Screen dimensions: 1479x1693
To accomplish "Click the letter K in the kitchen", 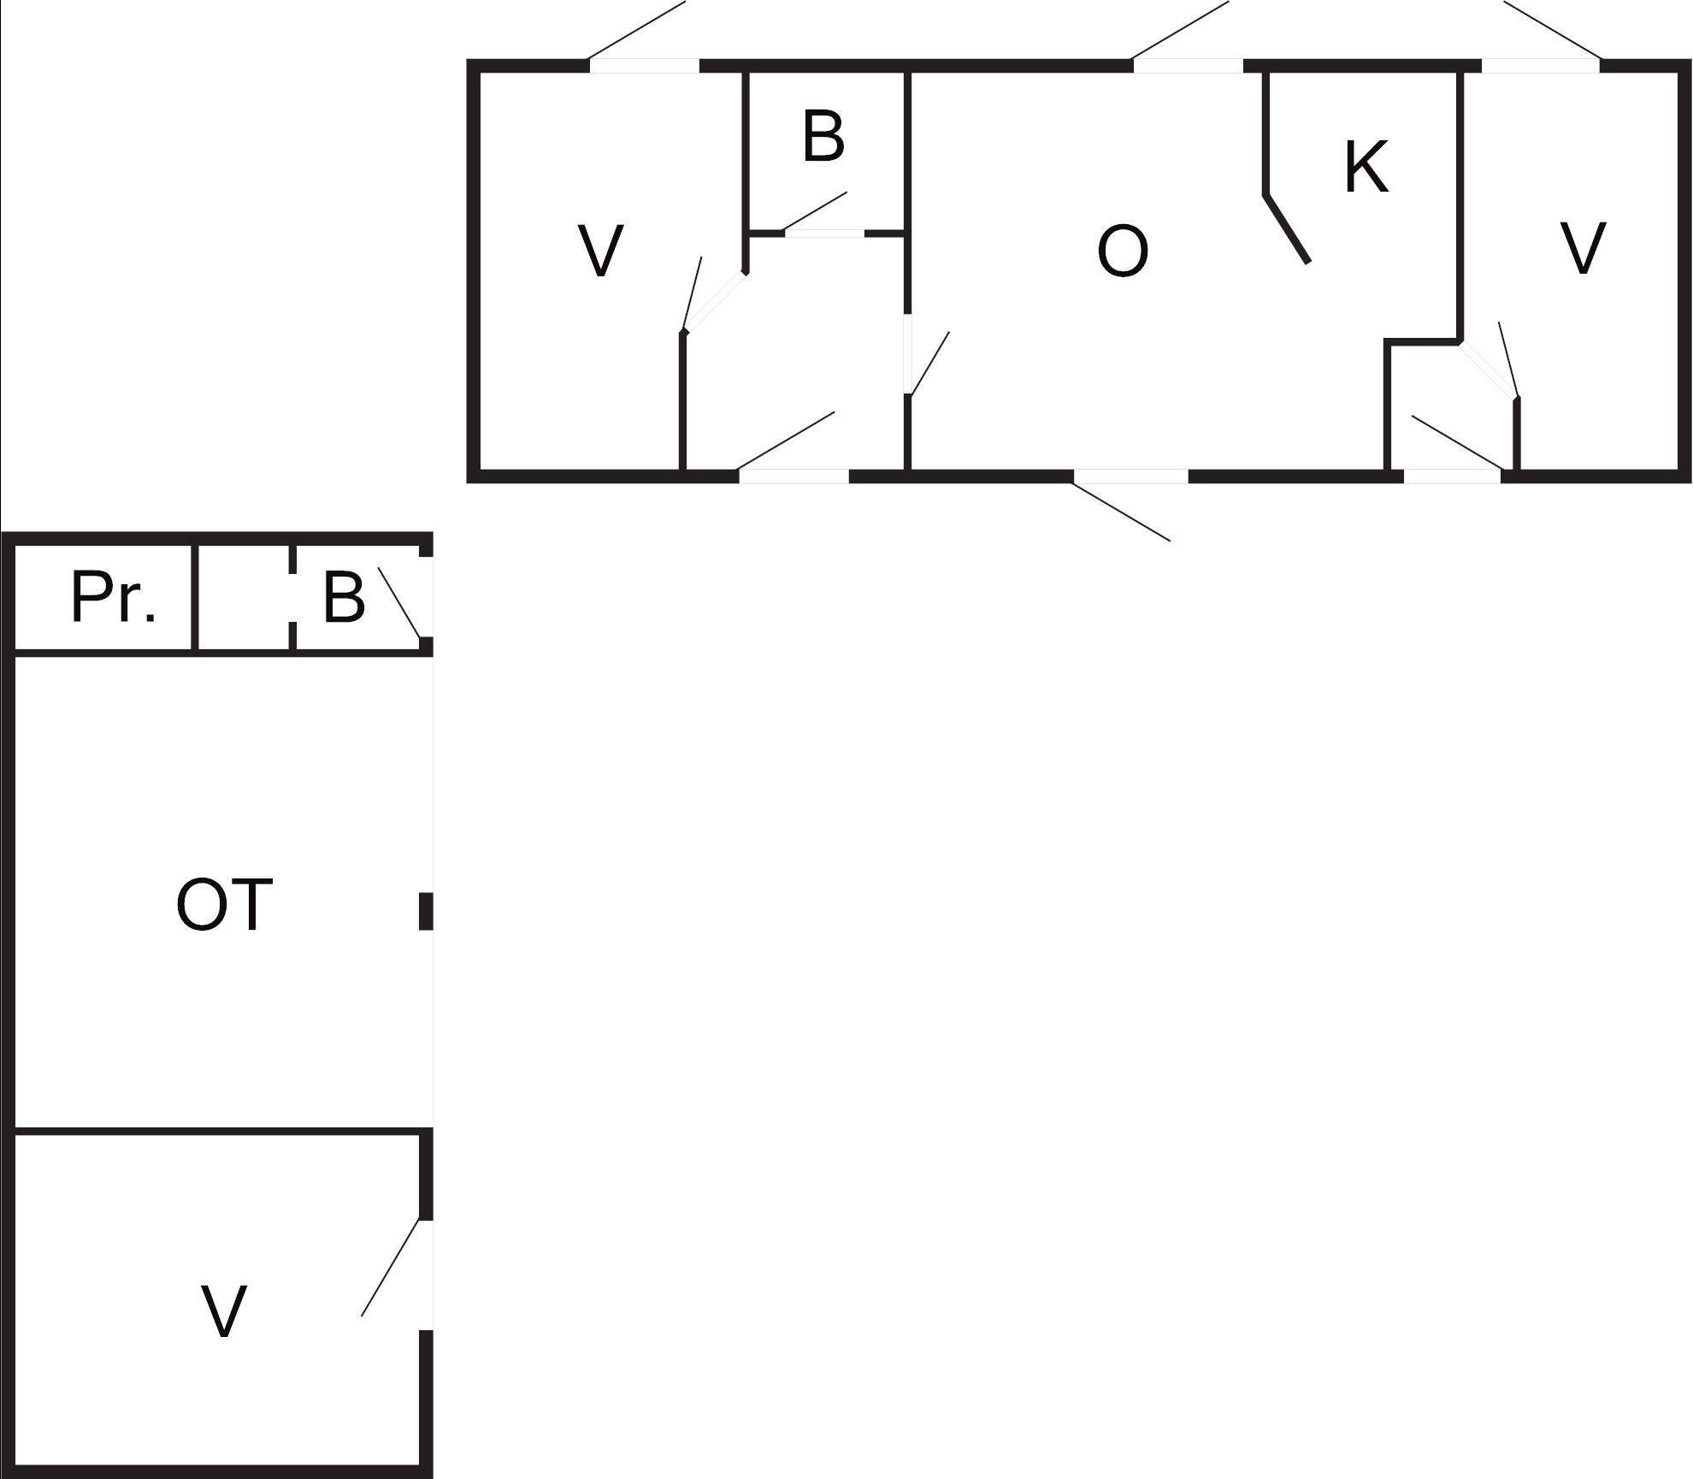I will pos(1366,167).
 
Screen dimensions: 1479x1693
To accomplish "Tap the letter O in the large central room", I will pos(1122,251).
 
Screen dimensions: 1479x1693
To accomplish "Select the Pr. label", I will pos(113,597).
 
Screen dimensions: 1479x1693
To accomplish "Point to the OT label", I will pos(224,905).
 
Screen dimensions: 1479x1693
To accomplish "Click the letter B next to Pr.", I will pos(344,597).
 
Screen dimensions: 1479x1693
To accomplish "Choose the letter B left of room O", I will pos(823,136).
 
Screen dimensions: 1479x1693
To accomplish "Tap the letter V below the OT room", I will pos(224,1311).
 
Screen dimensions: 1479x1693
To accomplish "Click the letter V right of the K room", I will pos(1583,249).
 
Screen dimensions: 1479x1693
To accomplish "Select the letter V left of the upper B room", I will pos(600,251).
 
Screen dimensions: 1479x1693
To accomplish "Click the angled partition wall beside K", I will pos(1287,228).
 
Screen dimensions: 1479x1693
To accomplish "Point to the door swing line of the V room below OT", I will pos(391,1267).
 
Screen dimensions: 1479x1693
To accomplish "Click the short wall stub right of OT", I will pos(425,910).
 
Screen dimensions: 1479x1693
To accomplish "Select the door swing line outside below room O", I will pos(1122,512).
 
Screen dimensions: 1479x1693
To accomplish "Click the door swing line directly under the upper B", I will pos(815,211).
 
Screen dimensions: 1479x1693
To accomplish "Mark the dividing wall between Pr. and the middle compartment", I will pos(195,597).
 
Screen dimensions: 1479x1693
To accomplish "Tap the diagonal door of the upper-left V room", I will pos(715,301).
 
